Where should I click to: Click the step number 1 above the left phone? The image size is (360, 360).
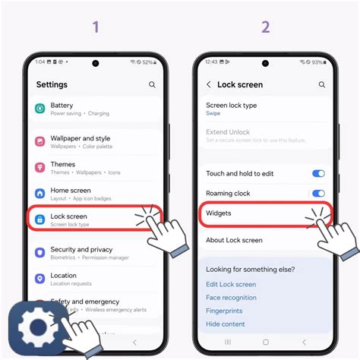[96, 27]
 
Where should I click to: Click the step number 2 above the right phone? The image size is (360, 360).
[265, 27]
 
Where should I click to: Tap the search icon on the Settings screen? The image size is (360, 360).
[153, 85]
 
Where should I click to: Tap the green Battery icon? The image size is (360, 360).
[39, 109]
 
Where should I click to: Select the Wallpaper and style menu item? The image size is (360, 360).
[81, 142]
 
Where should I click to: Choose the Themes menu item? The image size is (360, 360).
[63, 168]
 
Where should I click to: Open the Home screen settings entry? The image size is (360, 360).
[71, 194]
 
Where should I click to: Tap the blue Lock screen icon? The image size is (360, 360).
[39, 219]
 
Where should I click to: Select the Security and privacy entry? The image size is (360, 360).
[81, 253]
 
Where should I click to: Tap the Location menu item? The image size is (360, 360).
[64, 279]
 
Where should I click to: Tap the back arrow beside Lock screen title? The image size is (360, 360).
[209, 85]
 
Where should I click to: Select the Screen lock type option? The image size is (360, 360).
[232, 109]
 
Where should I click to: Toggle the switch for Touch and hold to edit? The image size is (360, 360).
[318, 174]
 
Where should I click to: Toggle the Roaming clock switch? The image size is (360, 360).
[318, 194]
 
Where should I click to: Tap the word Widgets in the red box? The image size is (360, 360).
[219, 213]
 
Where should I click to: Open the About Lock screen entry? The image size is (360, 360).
[234, 240]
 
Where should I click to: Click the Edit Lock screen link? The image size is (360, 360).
[231, 284]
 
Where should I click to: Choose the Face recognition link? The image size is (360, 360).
[231, 298]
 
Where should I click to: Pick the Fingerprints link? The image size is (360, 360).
[225, 311]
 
